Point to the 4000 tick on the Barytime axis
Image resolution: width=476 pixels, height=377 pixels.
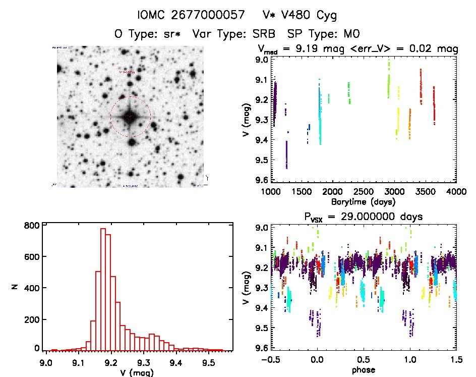point(456,192)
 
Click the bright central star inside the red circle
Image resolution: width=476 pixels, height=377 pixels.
point(130,117)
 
